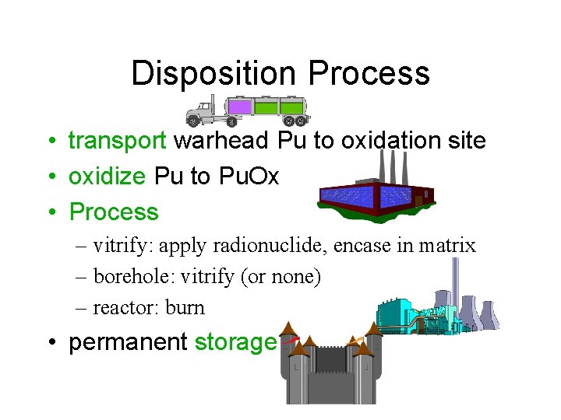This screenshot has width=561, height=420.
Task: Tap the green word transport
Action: point(118,141)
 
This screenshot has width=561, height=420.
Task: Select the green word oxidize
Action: point(107,177)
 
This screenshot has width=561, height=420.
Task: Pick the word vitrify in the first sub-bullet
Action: point(124,246)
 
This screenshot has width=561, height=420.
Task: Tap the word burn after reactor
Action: point(185,307)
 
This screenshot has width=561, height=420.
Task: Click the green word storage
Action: point(235,342)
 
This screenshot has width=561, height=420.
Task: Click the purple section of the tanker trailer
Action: point(240,107)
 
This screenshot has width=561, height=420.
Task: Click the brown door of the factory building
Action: point(418,200)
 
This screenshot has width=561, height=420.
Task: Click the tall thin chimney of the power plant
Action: point(456,280)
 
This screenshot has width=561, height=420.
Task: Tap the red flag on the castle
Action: point(290,339)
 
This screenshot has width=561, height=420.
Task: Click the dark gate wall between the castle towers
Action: point(330,359)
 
